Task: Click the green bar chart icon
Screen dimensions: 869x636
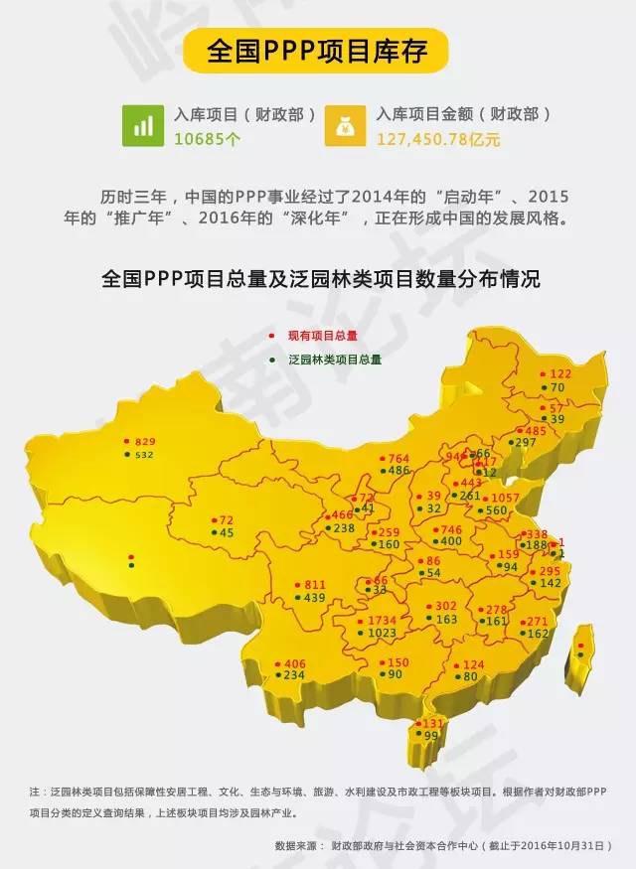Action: [143, 126]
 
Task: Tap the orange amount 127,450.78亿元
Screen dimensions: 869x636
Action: [438, 139]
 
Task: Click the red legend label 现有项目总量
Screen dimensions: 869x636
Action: [322, 337]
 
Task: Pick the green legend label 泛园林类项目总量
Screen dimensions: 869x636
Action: [334, 359]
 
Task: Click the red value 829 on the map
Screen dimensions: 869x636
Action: [146, 441]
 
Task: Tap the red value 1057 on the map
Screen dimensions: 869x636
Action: [506, 498]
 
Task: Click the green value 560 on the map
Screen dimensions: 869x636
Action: [496, 511]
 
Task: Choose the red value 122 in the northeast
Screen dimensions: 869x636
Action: [560, 374]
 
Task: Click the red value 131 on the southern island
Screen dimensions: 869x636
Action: [433, 724]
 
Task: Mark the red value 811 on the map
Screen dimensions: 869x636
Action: [314, 585]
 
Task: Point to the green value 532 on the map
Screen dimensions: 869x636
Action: [145, 455]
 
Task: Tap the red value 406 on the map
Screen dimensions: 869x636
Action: [294, 663]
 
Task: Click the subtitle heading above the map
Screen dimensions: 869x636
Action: [321, 280]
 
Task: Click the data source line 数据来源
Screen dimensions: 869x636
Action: [447, 846]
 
